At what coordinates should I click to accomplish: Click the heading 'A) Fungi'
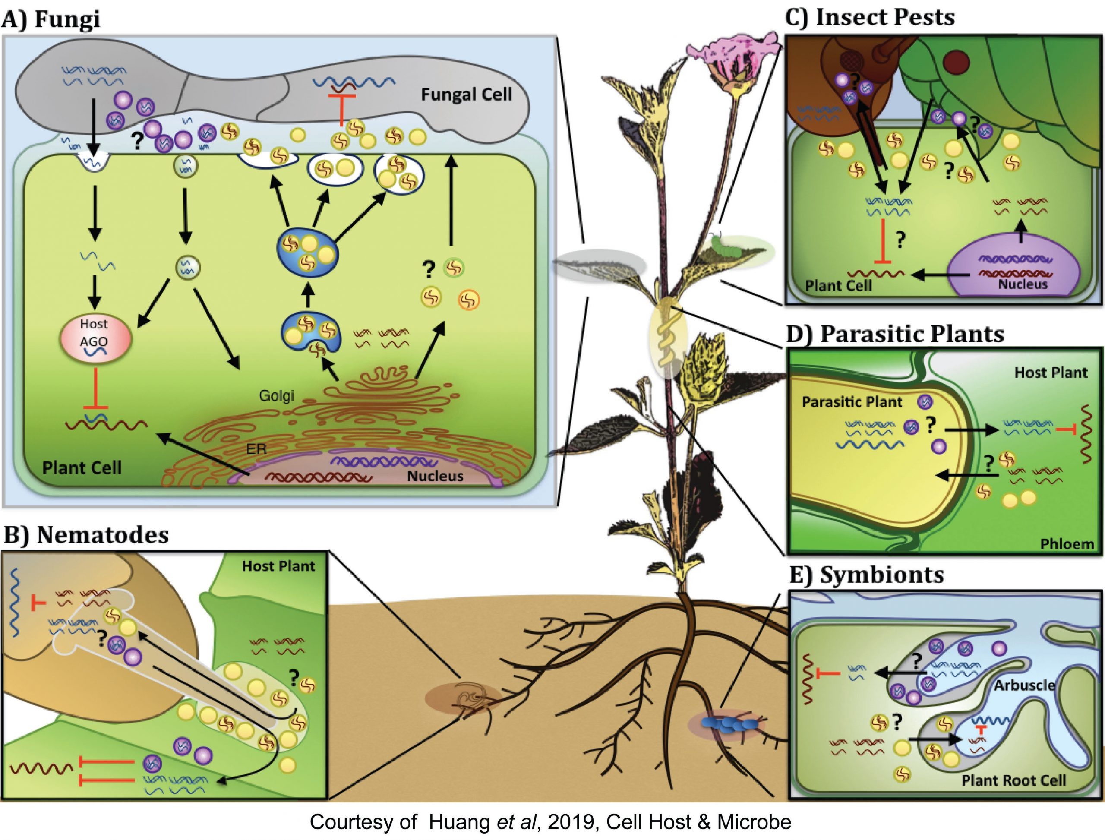click(51, 19)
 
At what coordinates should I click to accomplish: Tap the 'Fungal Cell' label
click(466, 95)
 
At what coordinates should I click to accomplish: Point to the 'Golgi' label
click(276, 395)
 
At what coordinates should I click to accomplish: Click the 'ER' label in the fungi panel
click(256, 449)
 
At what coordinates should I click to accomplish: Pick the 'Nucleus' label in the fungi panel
click(435, 476)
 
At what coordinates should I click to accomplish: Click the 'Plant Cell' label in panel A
click(82, 467)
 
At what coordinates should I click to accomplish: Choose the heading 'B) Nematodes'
click(86, 535)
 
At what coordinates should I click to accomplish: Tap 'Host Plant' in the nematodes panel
click(278, 566)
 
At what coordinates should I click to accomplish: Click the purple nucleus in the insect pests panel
click(1015, 270)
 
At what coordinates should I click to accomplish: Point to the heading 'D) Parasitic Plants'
click(894, 334)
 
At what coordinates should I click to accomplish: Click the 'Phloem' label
click(1067, 544)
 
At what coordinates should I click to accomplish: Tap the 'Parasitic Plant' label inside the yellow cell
click(852, 402)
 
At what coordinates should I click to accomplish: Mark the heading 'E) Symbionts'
click(866, 575)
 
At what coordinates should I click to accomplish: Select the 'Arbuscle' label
click(1024, 685)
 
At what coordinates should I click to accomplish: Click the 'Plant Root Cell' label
click(1013, 780)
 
